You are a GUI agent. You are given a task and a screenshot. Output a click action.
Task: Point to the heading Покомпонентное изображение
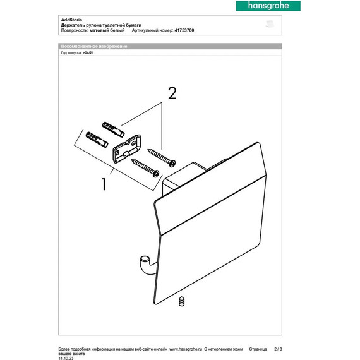point(94,47)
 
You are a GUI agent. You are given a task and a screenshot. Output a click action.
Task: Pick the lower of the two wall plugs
point(92,137)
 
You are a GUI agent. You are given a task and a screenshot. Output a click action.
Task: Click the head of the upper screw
point(172,162)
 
